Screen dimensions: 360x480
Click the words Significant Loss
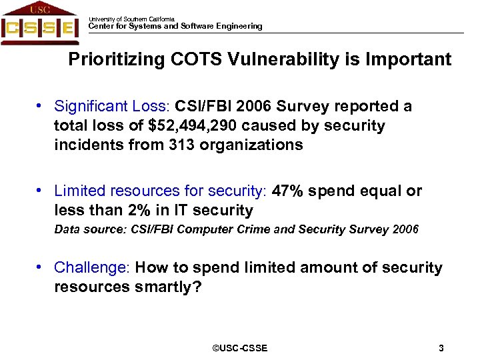pos(112,106)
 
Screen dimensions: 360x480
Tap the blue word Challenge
pos(91,267)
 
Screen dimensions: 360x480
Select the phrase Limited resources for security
pos(159,191)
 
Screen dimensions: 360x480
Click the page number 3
pos(441,348)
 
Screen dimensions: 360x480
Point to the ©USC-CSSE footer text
pos(239,348)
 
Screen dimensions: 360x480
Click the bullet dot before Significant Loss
pos(41,106)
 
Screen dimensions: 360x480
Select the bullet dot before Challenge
pos(41,267)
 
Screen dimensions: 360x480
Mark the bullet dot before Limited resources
pos(41,191)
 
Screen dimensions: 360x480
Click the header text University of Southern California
pos(131,19)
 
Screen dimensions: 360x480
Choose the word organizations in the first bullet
pos(255,145)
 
